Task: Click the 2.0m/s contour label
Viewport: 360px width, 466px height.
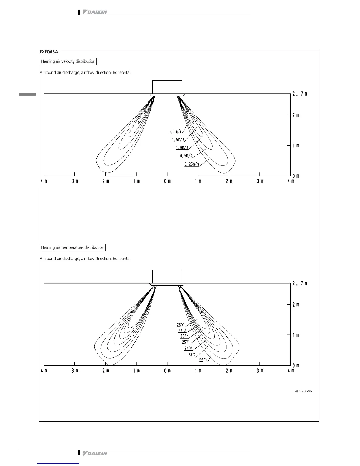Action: point(176,132)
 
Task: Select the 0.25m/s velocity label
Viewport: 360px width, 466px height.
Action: point(192,164)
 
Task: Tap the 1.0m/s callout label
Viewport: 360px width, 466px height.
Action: point(182,147)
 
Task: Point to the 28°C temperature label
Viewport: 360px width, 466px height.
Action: point(180,325)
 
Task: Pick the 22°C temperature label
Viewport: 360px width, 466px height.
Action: point(203,360)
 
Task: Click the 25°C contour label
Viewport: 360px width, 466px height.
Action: point(186,342)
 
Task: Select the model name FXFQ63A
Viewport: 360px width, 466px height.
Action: point(49,52)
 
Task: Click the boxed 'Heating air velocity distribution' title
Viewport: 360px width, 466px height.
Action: point(68,61)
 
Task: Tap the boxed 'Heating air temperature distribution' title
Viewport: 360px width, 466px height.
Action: point(72,247)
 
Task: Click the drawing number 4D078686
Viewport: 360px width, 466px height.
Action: point(303,391)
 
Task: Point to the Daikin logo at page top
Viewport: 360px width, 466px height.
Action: point(95,12)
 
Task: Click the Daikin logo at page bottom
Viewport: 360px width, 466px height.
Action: point(95,453)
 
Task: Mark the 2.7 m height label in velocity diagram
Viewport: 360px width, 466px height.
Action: point(300,94)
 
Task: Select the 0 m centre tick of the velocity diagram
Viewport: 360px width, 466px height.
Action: point(167,181)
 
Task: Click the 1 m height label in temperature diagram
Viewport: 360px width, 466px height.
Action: point(296,335)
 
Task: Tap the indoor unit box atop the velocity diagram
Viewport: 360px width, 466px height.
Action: point(167,87)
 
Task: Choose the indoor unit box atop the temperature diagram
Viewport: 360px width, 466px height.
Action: point(167,276)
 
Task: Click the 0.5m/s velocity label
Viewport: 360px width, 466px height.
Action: point(186,156)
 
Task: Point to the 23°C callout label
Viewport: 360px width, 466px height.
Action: point(192,355)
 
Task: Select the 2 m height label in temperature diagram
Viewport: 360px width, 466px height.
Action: point(296,305)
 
